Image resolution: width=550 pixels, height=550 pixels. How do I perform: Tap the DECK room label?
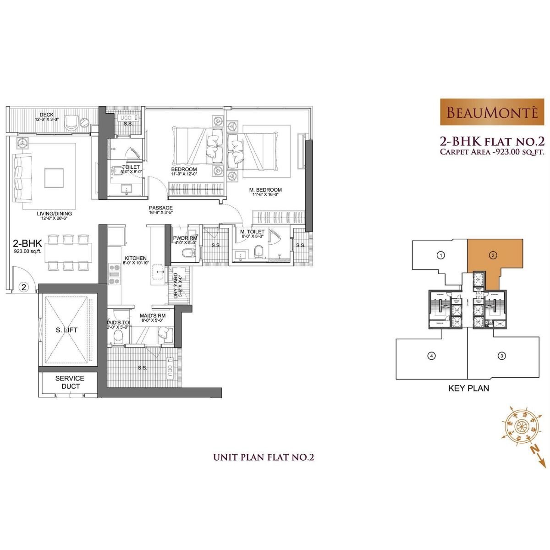(x=47, y=115)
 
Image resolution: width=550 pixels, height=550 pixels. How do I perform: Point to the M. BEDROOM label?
(x=265, y=190)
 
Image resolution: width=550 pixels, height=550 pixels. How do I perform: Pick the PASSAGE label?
(x=161, y=208)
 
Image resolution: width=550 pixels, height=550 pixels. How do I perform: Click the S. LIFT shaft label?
(x=66, y=330)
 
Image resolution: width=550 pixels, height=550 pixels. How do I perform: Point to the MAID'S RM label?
(x=153, y=316)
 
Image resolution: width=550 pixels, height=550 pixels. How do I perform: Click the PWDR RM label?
(x=185, y=238)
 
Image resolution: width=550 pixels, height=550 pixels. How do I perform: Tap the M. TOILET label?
(x=253, y=232)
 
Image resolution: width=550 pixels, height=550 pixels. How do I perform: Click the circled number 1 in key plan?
(x=440, y=255)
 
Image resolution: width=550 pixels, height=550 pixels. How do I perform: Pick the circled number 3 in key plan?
(x=502, y=355)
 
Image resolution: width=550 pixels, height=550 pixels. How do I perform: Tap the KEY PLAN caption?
(x=468, y=388)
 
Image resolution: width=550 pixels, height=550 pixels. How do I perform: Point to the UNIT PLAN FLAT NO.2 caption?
(x=264, y=457)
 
